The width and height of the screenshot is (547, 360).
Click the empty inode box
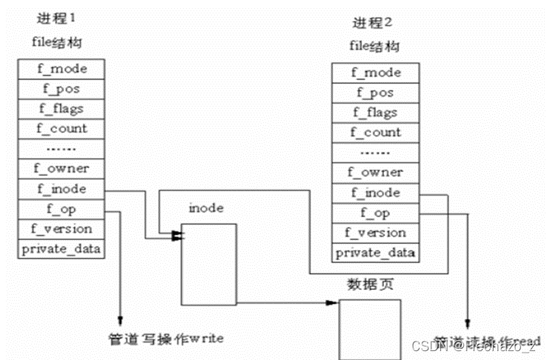tap(209, 264)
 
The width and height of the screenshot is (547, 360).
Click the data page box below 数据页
tap(370, 329)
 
